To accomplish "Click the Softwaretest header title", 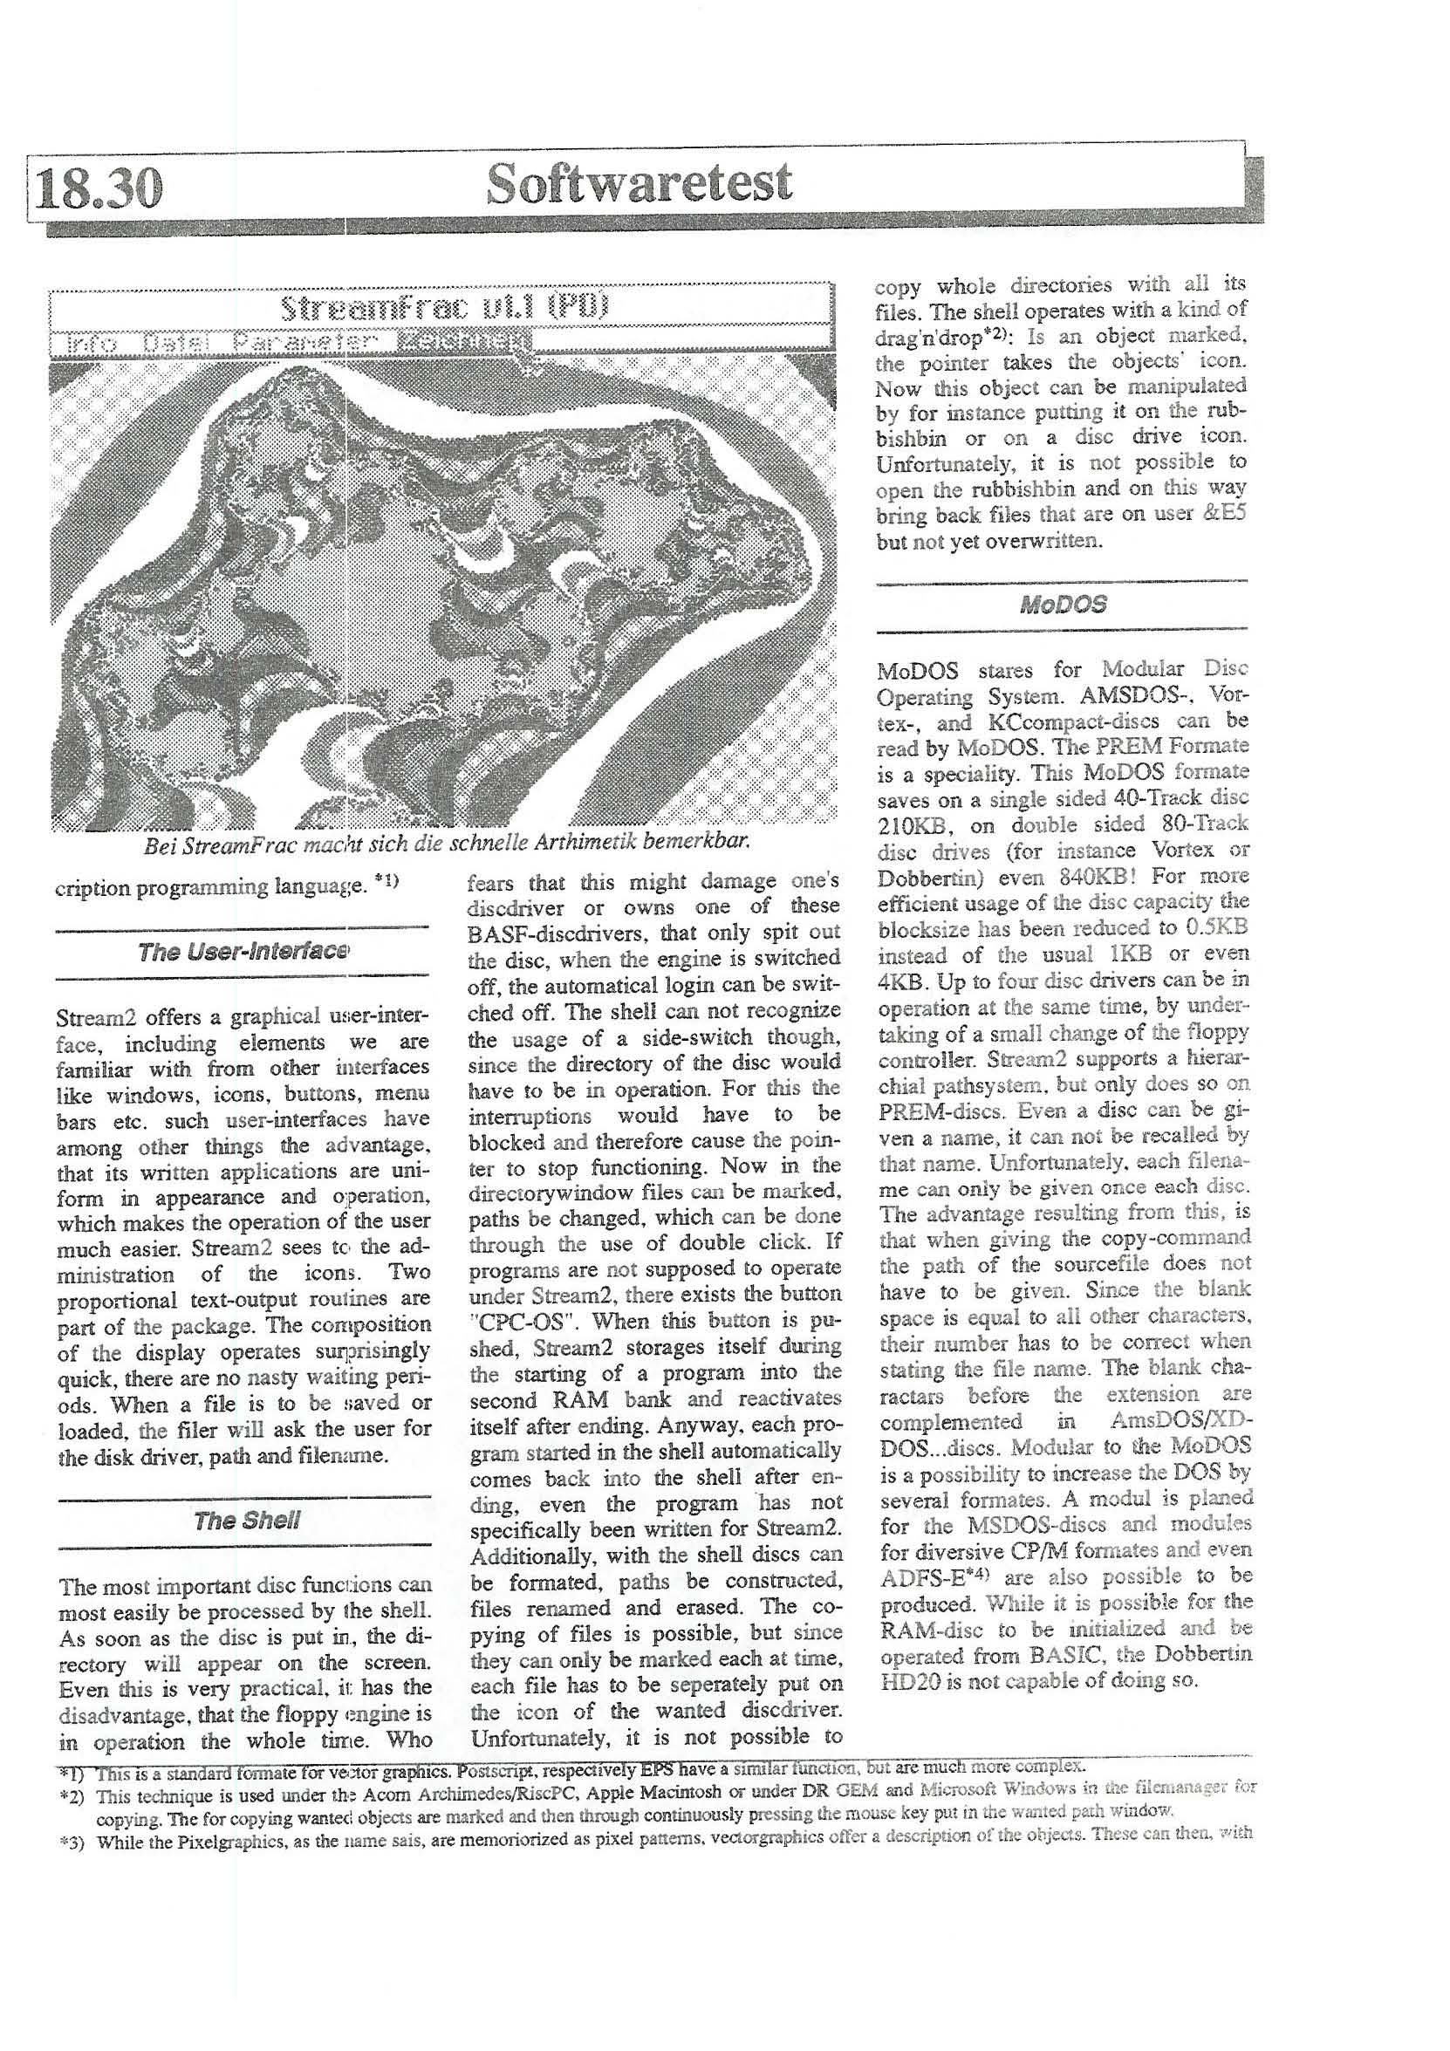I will click(639, 183).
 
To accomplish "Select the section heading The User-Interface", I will click(243, 952).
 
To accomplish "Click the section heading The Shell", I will click(247, 1521).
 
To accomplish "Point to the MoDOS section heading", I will click(1064, 605).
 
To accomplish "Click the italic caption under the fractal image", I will click(446, 842).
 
